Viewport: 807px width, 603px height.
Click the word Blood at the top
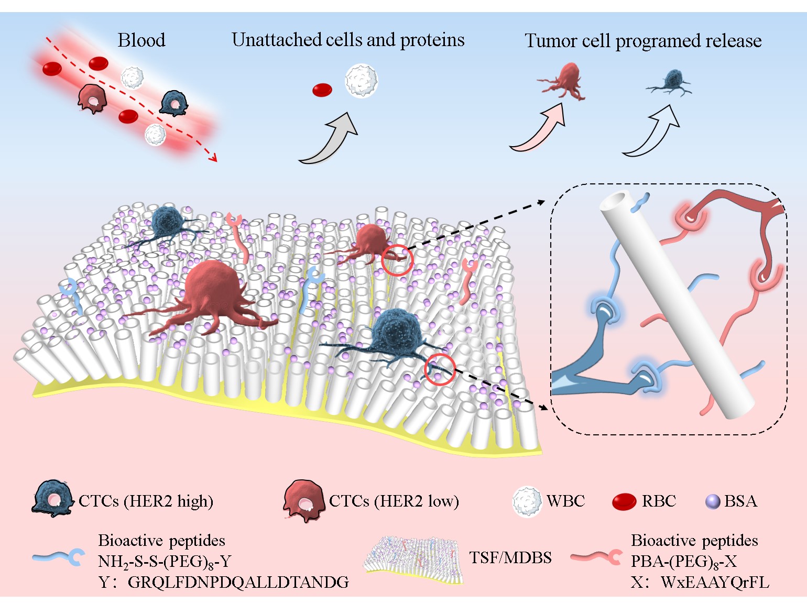(141, 40)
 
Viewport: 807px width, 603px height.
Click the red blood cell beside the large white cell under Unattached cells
(322, 90)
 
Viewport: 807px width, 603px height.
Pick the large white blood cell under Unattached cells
(361, 81)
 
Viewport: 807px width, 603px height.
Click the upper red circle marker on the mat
(397, 260)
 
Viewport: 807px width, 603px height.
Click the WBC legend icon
(526, 501)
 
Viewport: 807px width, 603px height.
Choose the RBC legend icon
(624, 502)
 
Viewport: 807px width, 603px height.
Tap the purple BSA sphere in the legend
(713, 502)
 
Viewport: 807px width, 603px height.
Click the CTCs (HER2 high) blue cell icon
(53, 500)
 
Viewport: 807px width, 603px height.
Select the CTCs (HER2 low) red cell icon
(303, 501)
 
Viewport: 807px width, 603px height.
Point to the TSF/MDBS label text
(510, 557)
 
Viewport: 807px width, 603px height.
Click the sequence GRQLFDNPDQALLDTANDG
(238, 582)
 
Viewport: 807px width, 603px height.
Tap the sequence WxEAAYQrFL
(715, 582)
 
